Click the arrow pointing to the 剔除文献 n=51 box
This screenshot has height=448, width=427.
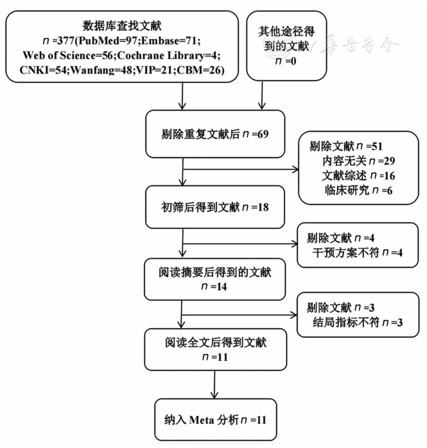pos(240,169)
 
